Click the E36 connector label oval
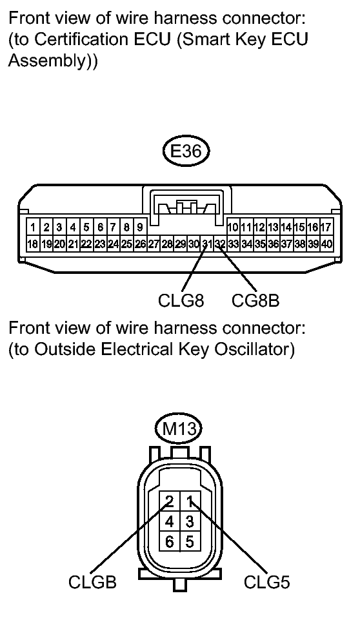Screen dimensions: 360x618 pyautogui.click(x=186, y=151)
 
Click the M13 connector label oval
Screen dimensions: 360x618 pyautogui.click(x=179, y=429)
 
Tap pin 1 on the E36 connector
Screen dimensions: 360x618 pyautogui.click(x=33, y=227)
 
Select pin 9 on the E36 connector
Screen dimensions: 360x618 pyautogui.click(x=140, y=227)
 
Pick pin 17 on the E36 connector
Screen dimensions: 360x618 pyautogui.click(x=326, y=227)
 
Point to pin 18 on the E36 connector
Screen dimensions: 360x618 pyautogui.click(x=33, y=244)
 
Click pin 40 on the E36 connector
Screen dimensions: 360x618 pyautogui.click(x=326, y=244)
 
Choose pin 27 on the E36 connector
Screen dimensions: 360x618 pyautogui.click(x=153, y=244)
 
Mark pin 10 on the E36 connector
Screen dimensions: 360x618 pyautogui.click(x=232, y=227)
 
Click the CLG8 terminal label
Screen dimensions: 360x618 pyautogui.click(x=181, y=301)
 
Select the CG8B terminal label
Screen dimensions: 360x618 pyautogui.click(x=255, y=301)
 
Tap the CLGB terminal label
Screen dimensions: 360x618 pyautogui.click(x=92, y=582)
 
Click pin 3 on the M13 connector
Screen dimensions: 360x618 pyautogui.click(x=190, y=521)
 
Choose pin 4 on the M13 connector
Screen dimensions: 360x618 pyautogui.click(x=169, y=521)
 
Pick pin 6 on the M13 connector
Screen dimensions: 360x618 pyautogui.click(x=169, y=541)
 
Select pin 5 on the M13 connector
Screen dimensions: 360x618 pyautogui.click(x=190, y=541)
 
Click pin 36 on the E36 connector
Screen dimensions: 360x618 pyautogui.click(x=273, y=244)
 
